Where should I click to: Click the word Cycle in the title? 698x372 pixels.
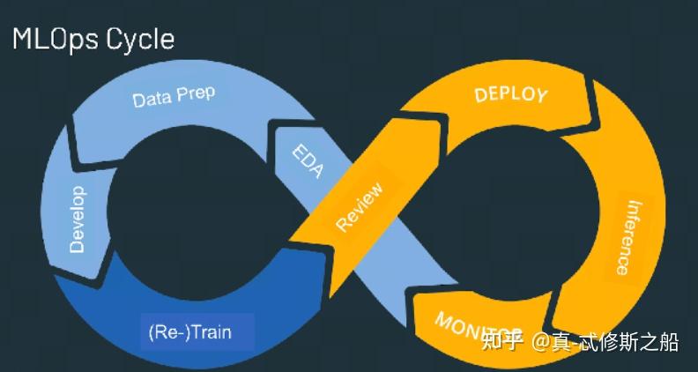(x=140, y=39)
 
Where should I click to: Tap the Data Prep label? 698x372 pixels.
(x=174, y=95)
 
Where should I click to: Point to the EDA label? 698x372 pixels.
(x=307, y=160)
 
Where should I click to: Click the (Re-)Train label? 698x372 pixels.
(x=197, y=334)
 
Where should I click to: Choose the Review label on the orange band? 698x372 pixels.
(x=360, y=207)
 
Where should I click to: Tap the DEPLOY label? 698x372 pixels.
(x=510, y=94)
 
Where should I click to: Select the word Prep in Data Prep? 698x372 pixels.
(x=195, y=93)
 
